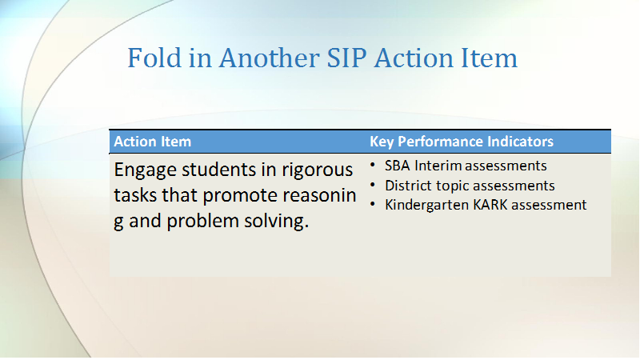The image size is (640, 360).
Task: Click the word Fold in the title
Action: coord(154,58)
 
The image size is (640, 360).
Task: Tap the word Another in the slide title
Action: coord(269,58)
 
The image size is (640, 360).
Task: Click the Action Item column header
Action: coord(152,142)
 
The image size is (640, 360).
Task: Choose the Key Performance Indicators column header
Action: coord(462,142)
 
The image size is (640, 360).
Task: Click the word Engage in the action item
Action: coord(145,170)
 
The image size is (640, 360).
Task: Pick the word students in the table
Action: coord(218,170)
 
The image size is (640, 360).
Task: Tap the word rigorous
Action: coord(317,170)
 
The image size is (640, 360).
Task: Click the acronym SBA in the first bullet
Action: coord(397,166)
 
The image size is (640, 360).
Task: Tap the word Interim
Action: coord(438,166)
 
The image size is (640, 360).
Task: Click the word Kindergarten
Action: coord(426,206)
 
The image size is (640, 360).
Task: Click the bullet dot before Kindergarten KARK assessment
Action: coord(373,204)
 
